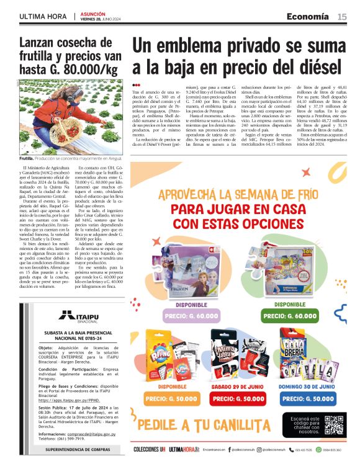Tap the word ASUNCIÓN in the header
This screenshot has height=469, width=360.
pyautogui.click(x=92, y=13)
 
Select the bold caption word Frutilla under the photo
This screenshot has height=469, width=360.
pyautogui.click(x=29, y=159)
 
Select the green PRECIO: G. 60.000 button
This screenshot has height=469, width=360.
pyautogui.click(x=289, y=315)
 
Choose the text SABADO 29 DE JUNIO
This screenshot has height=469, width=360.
pyautogui.click(x=238, y=386)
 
